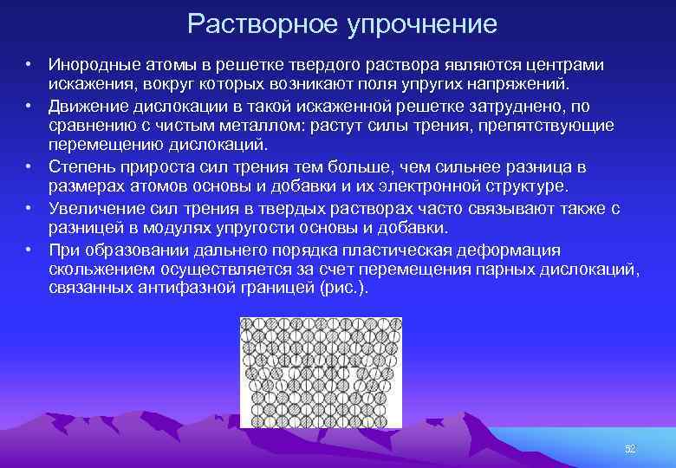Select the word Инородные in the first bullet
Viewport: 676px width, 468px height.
pos(89,65)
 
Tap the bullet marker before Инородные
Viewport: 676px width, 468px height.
pos(29,65)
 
